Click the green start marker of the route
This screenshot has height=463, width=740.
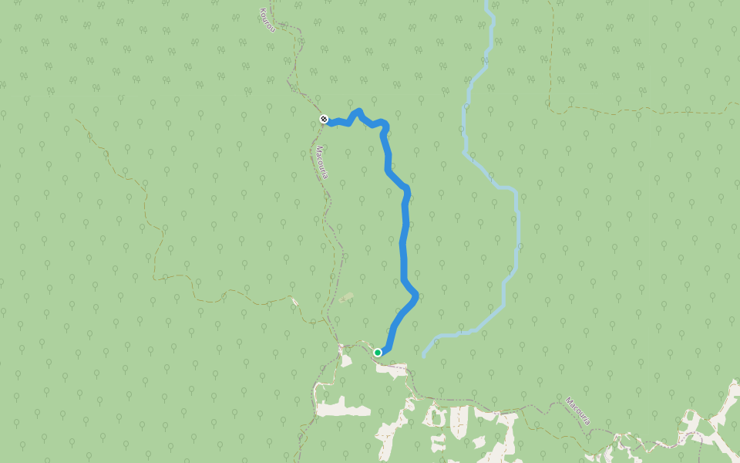coord(378,353)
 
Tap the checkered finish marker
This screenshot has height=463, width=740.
coord(324,119)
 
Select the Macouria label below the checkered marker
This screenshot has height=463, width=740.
coord(322,163)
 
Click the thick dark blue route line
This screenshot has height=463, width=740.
coord(404,239)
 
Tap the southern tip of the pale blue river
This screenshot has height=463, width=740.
coord(424,355)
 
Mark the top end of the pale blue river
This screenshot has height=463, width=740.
coord(486,3)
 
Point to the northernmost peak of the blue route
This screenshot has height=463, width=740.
coord(358,111)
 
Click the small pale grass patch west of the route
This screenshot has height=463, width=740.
coord(347,296)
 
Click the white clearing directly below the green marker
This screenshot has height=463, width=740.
coord(392,370)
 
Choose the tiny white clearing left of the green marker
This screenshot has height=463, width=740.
coord(345,359)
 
